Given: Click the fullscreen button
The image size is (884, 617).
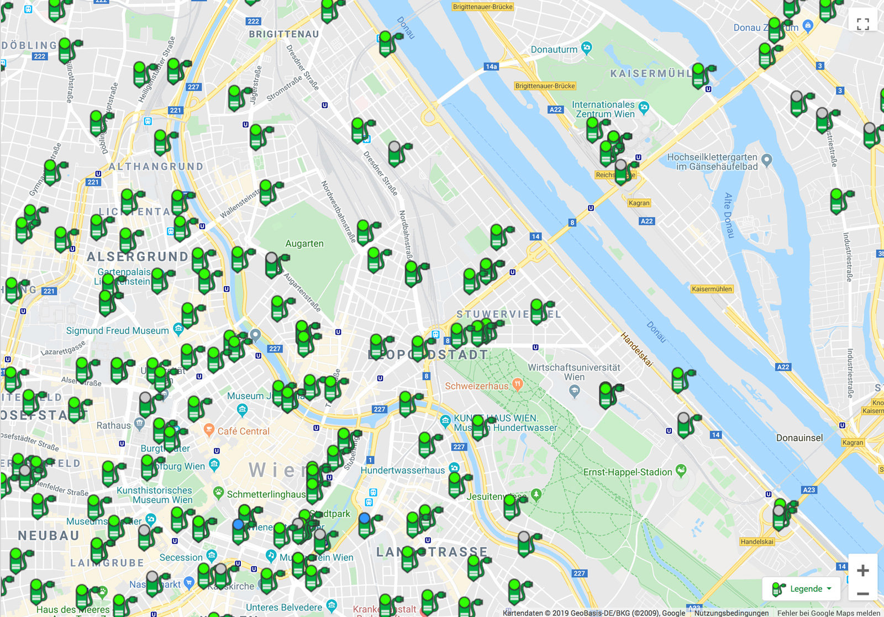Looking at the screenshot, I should (862, 24).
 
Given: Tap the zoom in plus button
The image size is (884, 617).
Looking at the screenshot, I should (862, 570).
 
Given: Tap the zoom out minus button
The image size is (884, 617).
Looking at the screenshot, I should (862, 594).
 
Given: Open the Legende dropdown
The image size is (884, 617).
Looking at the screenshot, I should (802, 589).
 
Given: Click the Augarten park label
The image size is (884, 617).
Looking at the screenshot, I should (304, 244).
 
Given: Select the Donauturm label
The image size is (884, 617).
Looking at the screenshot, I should (554, 50).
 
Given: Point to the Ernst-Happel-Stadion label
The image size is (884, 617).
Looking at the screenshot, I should (628, 472).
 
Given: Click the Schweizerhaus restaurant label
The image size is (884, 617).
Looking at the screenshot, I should (477, 386).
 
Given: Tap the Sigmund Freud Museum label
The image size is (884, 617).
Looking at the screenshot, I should (118, 330).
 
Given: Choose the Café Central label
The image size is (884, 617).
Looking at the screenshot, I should (243, 431).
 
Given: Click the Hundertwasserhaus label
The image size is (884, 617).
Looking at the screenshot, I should (403, 470).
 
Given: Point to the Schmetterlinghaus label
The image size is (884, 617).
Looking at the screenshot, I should (266, 494).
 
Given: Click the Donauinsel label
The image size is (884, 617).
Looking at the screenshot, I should (799, 438).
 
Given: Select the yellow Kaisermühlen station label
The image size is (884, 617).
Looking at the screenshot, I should (712, 289).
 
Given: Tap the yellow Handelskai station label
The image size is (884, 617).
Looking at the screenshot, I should (757, 542).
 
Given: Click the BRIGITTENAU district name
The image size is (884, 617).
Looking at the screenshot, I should (284, 34).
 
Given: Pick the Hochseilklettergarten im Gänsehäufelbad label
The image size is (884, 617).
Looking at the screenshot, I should (712, 162).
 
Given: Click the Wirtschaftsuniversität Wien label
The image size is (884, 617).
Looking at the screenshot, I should (574, 372).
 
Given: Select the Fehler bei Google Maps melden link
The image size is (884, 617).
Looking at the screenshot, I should (829, 613).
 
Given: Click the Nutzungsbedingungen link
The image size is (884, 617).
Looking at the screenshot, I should (732, 613).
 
